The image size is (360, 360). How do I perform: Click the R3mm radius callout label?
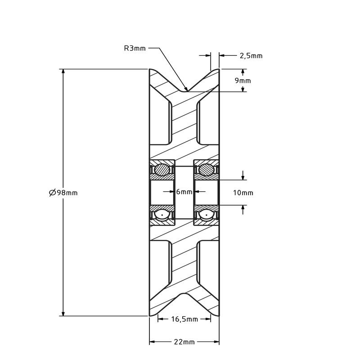click(135, 48)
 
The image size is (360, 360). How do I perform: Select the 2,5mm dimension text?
click(251, 56)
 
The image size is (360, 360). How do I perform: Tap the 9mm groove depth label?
click(243, 81)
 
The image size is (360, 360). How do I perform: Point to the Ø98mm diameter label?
click(63, 193)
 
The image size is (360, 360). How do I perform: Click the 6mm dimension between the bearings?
click(184, 192)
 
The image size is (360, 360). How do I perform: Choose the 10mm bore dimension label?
click(243, 193)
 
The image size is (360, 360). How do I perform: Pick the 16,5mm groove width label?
click(184, 319)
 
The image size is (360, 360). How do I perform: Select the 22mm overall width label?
click(184, 342)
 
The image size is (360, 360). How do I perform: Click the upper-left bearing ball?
click(162, 170)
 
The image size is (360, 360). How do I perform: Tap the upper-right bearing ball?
click(207, 170)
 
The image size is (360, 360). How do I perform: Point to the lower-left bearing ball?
click(162, 215)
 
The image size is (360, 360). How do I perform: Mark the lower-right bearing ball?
click(207, 215)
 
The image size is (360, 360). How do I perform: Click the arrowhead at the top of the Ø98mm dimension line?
click(63, 72)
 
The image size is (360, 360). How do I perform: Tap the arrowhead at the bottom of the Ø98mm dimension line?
click(63, 313)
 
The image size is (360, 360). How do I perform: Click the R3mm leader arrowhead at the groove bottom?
click(186, 89)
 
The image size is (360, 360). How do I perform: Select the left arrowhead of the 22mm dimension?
click(153, 342)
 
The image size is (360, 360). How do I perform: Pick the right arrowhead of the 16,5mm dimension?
click(208, 319)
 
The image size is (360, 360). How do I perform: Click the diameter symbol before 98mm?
click(53, 193)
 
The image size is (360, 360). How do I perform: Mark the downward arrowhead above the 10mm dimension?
click(243, 177)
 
